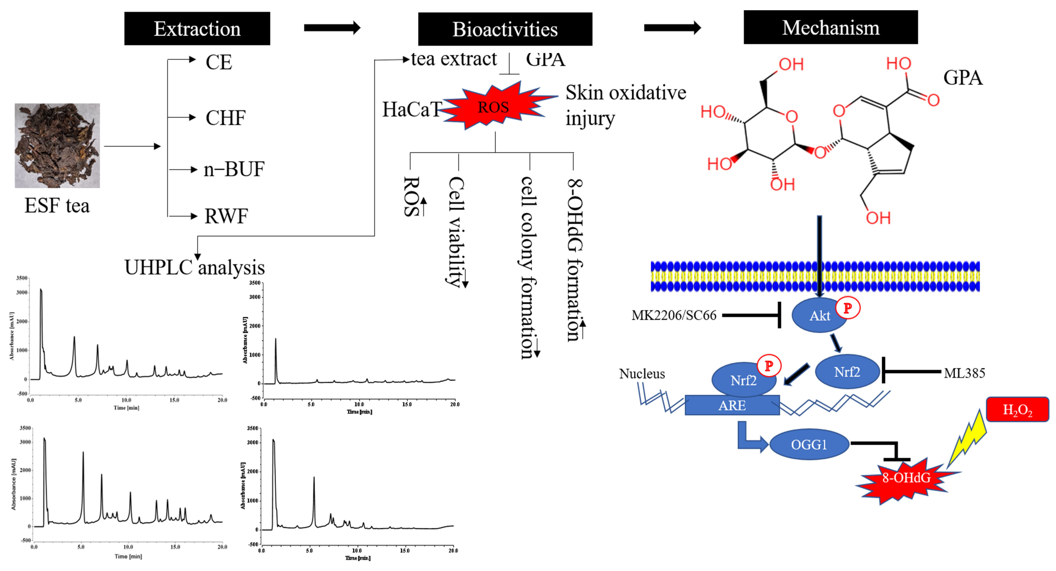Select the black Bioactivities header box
[x=505, y=29]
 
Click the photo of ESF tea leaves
[x=57, y=146]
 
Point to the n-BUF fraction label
[x=234, y=169]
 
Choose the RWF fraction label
[x=226, y=216]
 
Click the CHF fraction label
[x=225, y=118]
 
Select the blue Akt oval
[x=819, y=315]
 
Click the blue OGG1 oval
[x=808, y=444]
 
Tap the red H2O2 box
[x=1017, y=409]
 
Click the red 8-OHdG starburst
[x=906, y=478]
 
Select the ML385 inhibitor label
[x=964, y=373]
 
